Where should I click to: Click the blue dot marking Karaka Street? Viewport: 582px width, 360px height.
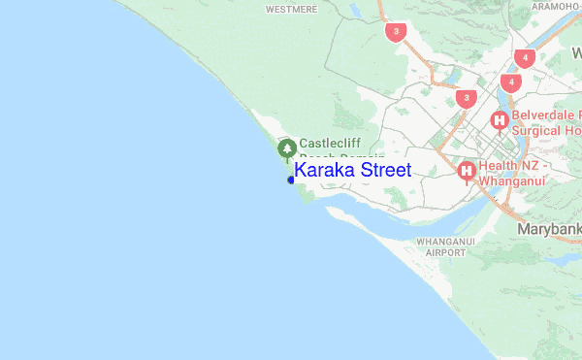tap(291, 180)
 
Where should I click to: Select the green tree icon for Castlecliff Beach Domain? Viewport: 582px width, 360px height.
tap(287, 148)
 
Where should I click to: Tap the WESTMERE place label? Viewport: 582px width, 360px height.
tap(293, 9)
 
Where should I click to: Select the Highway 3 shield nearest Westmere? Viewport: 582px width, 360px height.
tap(393, 32)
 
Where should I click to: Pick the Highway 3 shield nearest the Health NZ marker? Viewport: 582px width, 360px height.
tap(468, 98)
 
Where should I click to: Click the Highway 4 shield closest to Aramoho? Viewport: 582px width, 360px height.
tap(525, 58)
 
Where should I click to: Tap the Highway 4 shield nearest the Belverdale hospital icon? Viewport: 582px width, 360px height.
tap(511, 82)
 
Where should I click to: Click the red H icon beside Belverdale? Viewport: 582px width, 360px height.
tap(500, 121)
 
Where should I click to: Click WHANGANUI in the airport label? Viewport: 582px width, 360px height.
tap(444, 240)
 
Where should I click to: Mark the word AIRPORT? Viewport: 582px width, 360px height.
tap(444, 251)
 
